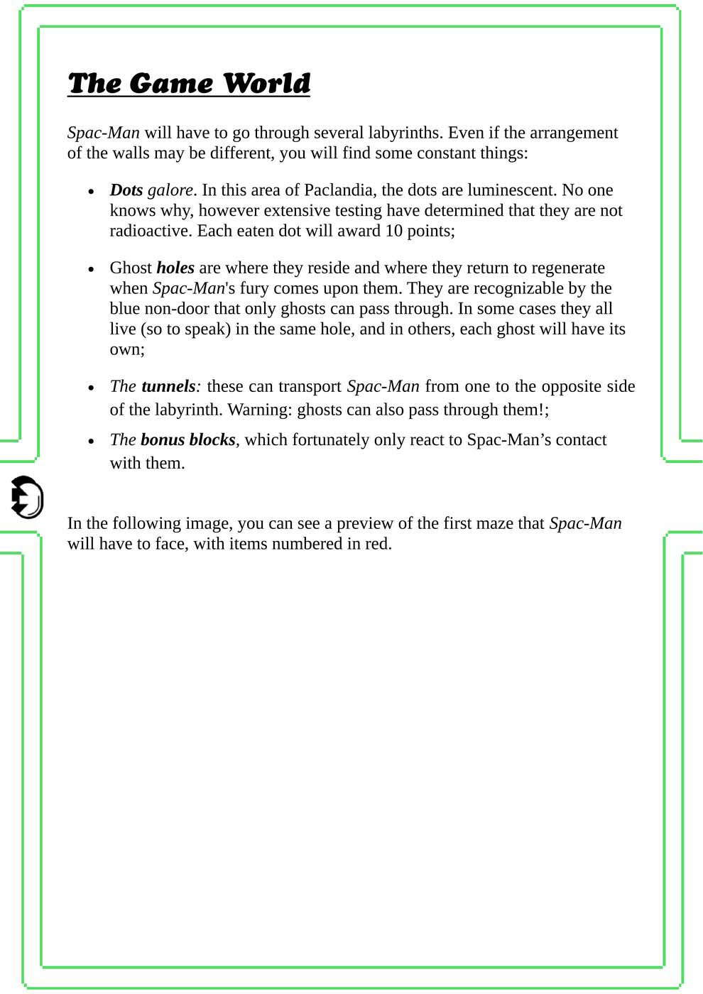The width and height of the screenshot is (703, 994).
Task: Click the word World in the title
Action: [x=266, y=84]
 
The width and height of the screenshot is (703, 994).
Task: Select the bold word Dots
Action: [x=126, y=190]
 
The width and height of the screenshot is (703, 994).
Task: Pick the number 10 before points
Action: [x=394, y=231]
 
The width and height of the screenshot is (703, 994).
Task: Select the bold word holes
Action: [x=175, y=268]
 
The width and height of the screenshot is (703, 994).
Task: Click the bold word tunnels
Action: [x=168, y=386]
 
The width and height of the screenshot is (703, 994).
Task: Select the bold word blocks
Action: [x=212, y=439]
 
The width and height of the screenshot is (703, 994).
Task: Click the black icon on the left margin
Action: [x=27, y=497]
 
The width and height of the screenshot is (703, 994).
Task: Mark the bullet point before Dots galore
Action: [x=91, y=192]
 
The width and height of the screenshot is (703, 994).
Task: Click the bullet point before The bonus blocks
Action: [x=91, y=441]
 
